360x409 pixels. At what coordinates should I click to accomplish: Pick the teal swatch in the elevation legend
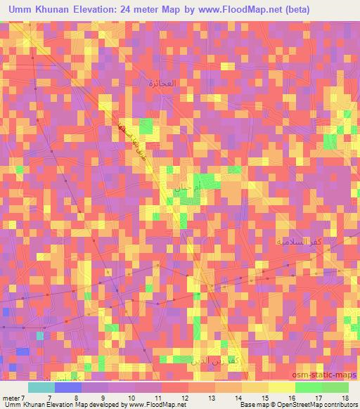tap(41, 387)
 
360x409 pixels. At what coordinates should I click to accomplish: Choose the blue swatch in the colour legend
tap(67, 387)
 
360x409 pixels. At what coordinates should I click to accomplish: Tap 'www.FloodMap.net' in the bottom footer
tap(148, 405)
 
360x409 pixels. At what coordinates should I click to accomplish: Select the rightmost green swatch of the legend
tap(335, 387)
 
